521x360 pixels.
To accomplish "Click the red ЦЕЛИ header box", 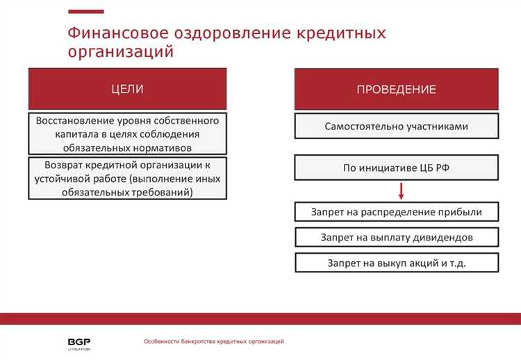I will click(128, 89).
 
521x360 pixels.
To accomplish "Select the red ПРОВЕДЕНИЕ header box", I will click(397, 89).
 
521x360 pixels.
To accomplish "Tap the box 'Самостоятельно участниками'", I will click(397, 126).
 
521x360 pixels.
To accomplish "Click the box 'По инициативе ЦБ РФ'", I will click(397, 167).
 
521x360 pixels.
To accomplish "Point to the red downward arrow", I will click(402, 190).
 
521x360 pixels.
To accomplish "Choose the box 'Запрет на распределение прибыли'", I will click(397, 212).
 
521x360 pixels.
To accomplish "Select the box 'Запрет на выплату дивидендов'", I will click(397, 237).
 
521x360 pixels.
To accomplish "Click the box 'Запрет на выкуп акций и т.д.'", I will click(397, 263).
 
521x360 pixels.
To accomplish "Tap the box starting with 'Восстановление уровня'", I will click(128, 133).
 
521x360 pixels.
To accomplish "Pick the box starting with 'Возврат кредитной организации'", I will click(128, 179).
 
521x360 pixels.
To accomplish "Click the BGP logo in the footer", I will click(74, 342).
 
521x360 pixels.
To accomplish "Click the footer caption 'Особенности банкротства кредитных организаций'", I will click(213, 341).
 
